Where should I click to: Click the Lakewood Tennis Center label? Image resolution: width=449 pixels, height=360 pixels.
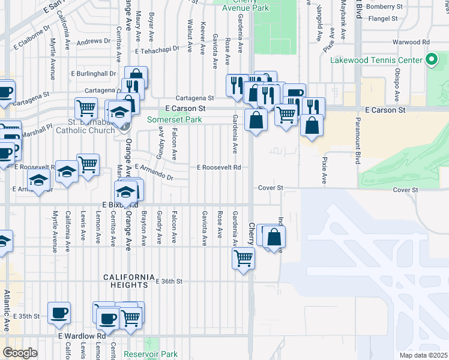[x=376, y=60]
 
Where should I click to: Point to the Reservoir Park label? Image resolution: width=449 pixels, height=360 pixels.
[x=151, y=354]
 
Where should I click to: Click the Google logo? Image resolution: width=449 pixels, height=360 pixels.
[x=20, y=353]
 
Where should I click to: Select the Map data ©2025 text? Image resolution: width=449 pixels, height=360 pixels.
[x=423, y=355]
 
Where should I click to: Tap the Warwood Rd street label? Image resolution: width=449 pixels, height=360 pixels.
[x=411, y=42]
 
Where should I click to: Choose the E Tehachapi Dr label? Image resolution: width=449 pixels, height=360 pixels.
[x=157, y=52]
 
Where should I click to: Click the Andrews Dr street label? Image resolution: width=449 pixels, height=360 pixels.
[x=94, y=41]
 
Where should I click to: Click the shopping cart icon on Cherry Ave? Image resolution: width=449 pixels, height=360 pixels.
[x=244, y=257]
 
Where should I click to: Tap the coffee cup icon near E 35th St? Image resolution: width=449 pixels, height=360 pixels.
[x=59, y=312]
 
